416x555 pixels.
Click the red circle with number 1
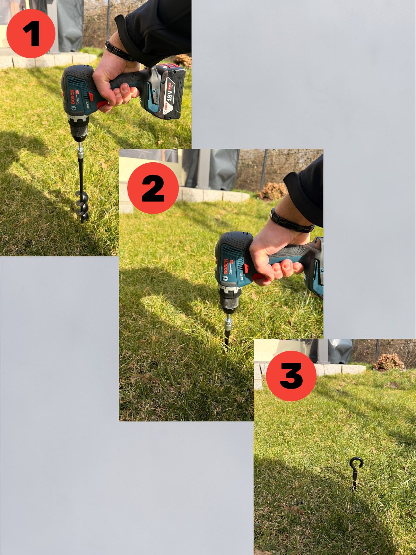pos(31,34)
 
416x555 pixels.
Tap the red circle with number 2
pos(153,188)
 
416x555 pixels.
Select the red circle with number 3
pos(291,376)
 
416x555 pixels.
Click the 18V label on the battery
pos(170,92)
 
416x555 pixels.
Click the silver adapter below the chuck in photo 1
pos(80,152)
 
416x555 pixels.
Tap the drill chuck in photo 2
pos(227,302)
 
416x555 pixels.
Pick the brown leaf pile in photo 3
pos(388,362)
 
